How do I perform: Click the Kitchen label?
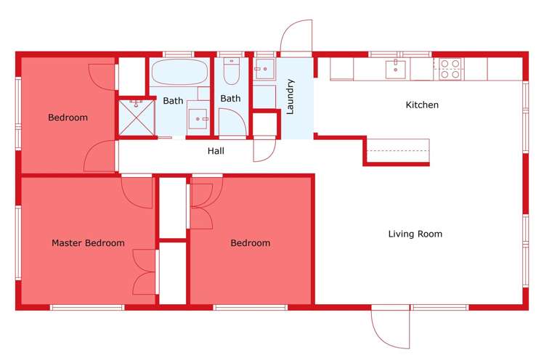pos(421,105)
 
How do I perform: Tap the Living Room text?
pos(415,234)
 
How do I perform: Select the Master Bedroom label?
pos(88,243)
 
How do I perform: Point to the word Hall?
pos(216,151)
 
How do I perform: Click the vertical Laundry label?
pos(290,97)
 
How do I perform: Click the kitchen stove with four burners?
pos(450,68)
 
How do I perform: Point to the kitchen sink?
pos(396,70)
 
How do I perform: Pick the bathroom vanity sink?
pos(198,117)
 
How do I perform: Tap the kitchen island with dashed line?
pos(397,151)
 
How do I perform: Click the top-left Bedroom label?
pos(68,118)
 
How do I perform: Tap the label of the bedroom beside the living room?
pos(250,243)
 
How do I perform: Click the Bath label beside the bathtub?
pos(173,101)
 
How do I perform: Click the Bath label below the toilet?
pos(230,99)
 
